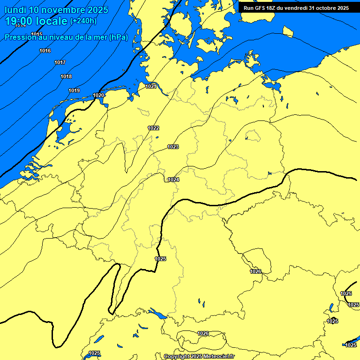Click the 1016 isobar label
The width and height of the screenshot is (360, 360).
45,51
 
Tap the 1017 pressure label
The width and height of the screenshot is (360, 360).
60,63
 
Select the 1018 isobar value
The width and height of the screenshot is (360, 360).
66,77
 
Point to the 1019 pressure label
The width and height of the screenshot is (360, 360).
74,91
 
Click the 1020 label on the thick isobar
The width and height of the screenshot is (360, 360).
98,96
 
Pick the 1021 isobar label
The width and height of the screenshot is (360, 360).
151,86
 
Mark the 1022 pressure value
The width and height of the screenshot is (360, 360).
153,128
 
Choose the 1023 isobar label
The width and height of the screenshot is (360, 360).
173,147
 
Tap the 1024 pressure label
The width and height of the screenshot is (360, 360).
173,180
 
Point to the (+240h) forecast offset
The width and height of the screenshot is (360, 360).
83,21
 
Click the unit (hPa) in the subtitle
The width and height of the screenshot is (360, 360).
118,37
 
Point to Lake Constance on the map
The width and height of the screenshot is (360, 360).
157,314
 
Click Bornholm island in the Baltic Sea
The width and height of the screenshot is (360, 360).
288,31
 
